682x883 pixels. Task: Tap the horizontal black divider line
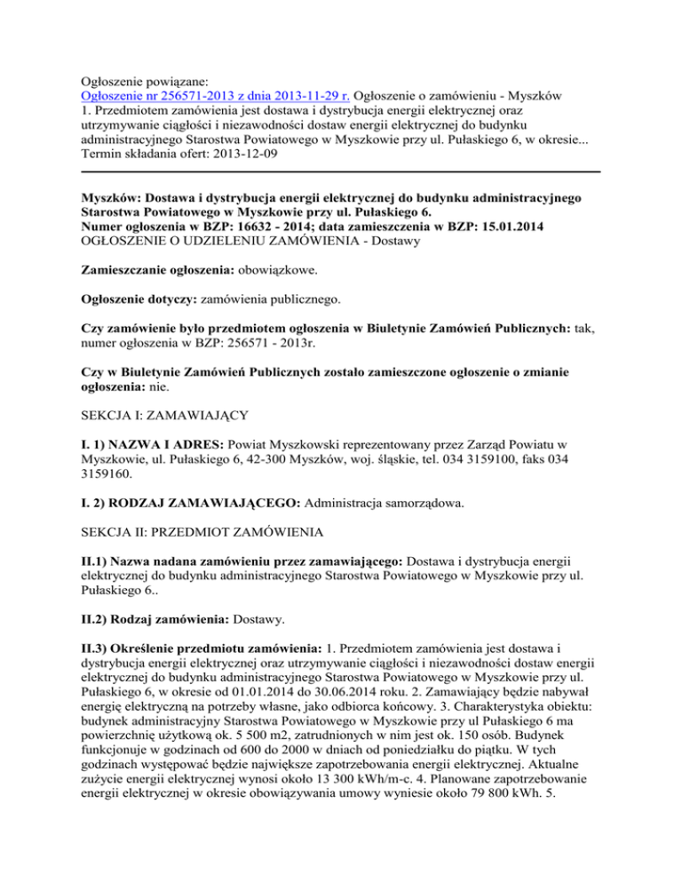[341, 171]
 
